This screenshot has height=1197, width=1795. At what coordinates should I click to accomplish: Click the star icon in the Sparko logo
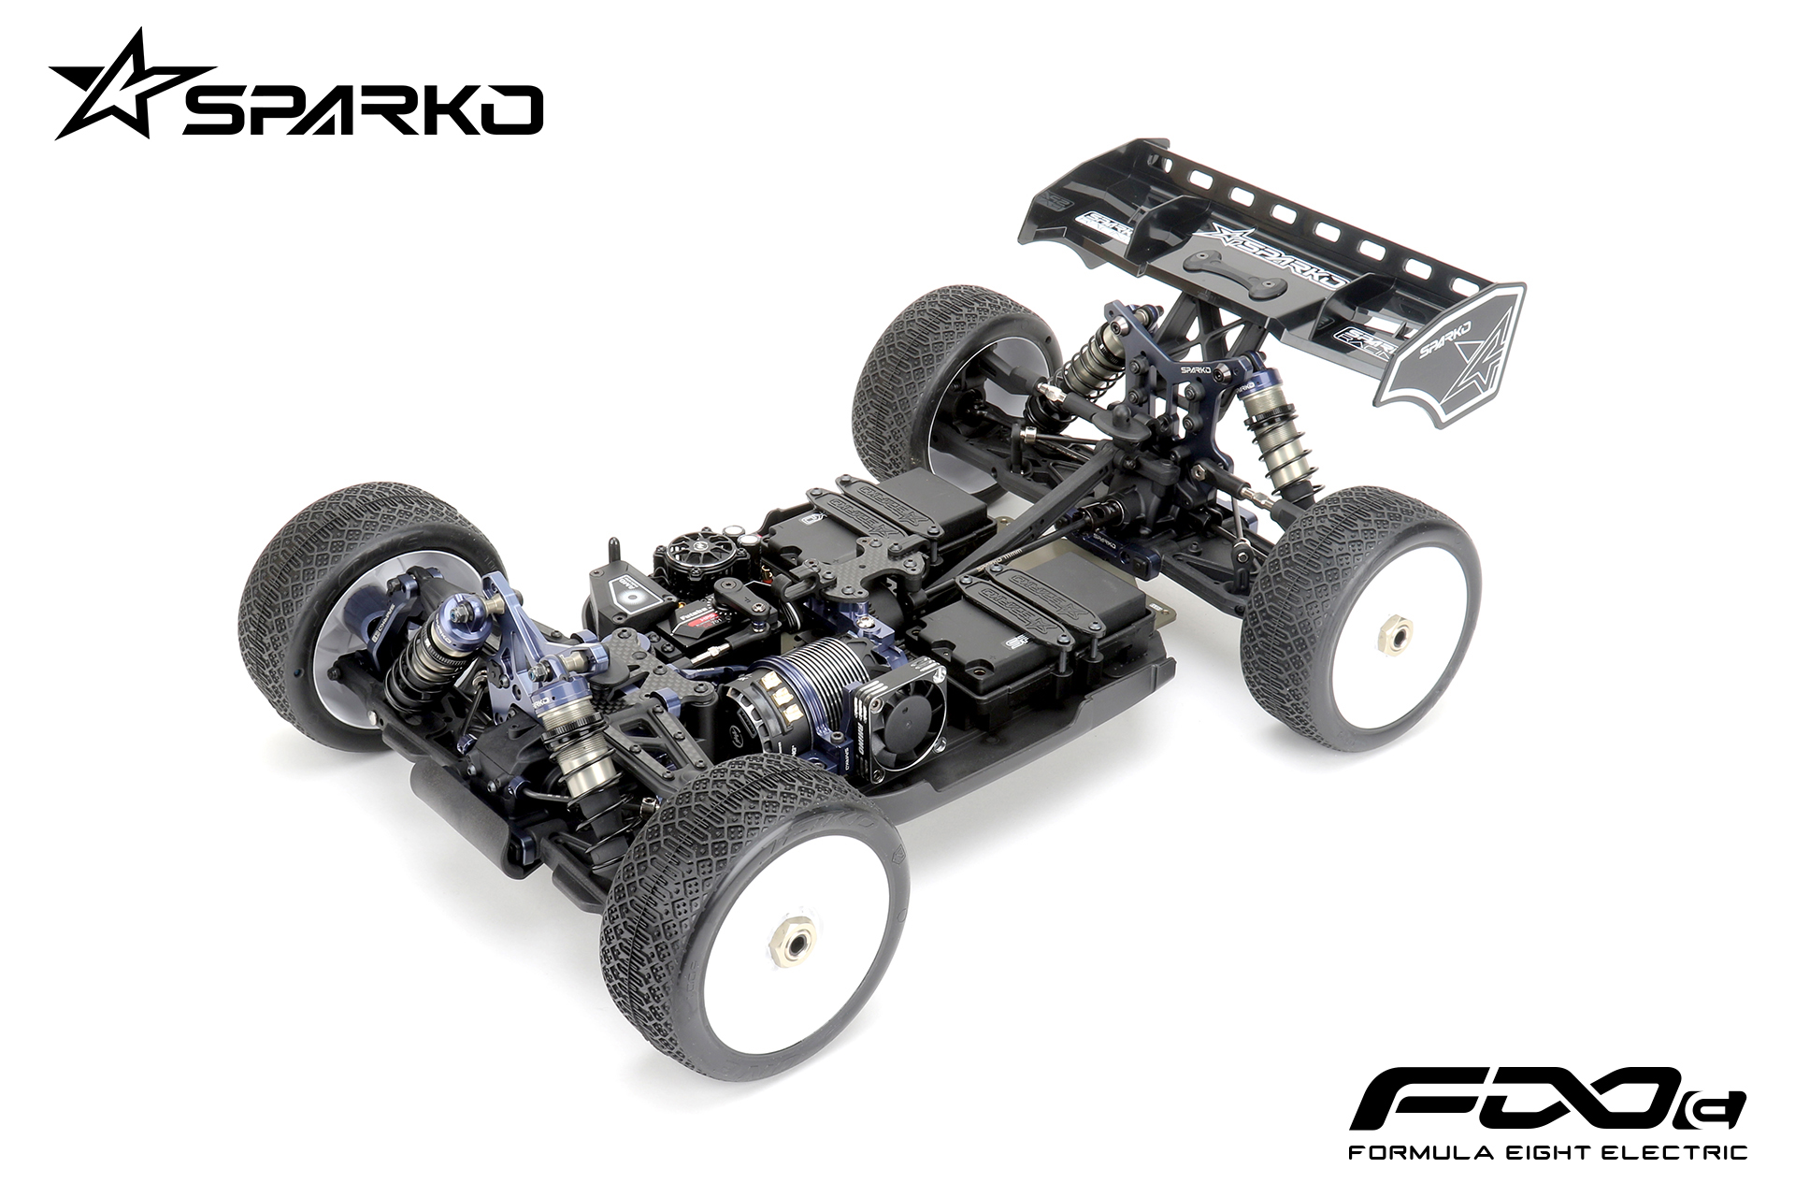pyautogui.click(x=120, y=86)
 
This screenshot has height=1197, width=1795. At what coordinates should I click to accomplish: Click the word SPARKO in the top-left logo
pyautogui.click(x=361, y=108)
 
